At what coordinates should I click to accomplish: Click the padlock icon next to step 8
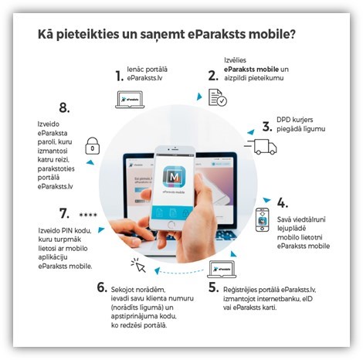pyautogui.click(x=93, y=146)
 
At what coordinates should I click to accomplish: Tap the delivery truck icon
pyautogui.click(x=261, y=147)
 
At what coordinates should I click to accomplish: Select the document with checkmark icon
pyautogui.click(x=218, y=97)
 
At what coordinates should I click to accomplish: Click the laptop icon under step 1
pyautogui.click(x=130, y=100)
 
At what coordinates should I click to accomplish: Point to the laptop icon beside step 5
pyautogui.click(x=222, y=270)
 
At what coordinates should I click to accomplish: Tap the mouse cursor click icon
pyautogui.click(x=138, y=265)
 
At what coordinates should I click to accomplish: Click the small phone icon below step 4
pyautogui.click(x=262, y=220)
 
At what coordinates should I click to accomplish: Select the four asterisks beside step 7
pyautogui.click(x=88, y=215)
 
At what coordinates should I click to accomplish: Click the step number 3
pyautogui.click(x=267, y=127)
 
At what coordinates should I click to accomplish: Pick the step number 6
pyautogui.click(x=102, y=287)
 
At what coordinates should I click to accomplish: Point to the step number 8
pyautogui.click(x=64, y=107)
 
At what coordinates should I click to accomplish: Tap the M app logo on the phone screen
pyautogui.click(x=174, y=177)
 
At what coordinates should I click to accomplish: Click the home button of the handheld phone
pyautogui.click(x=171, y=225)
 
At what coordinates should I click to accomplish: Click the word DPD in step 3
pyautogui.click(x=283, y=120)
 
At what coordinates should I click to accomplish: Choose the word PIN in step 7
pyautogui.click(x=68, y=230)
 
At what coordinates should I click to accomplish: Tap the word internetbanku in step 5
pyautogui.click(x=273, y=299)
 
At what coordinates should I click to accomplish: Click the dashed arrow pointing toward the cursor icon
pyautogui.click(x=180, y=271)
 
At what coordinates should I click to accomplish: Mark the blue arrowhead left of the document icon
pyautogui.click(x=199, y=97)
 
